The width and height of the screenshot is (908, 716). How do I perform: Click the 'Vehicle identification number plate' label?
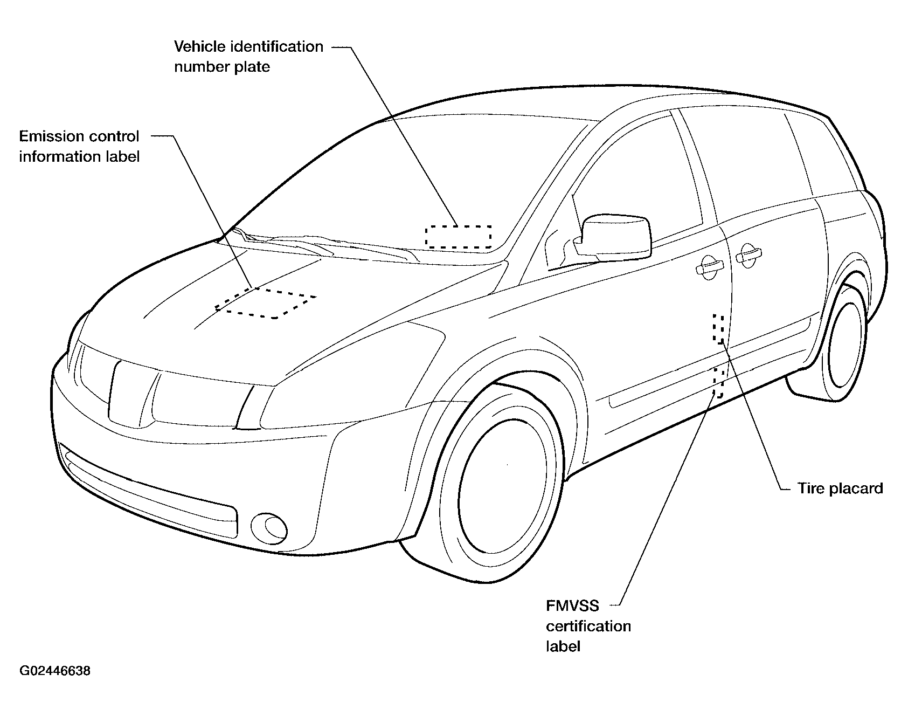tap(248, 56)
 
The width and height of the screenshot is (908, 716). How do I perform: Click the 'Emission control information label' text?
tap(79, 146)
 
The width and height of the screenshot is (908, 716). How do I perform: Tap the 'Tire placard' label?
tap(840, 488)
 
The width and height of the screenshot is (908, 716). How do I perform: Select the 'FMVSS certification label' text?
tap(588, 626)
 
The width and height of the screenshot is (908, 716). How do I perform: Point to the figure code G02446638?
tap(55, 671)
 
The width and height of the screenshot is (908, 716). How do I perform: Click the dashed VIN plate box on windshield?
tap(458, 237)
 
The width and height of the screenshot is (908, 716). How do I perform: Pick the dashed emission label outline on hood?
tap(266, 302)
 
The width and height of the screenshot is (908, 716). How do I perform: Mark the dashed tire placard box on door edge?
tap(719, 328)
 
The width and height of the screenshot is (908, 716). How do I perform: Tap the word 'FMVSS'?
tap(572, 606)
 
